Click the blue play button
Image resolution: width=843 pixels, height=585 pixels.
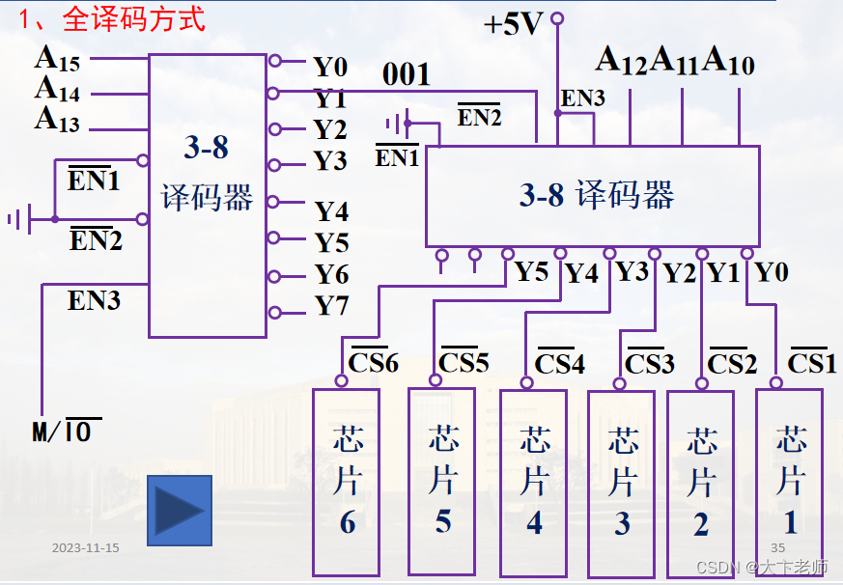click(179, 510)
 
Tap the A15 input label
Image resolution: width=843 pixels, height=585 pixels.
click(57, 59)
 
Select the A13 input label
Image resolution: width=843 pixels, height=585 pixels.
click(57, 121)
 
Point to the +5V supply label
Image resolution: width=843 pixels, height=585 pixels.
click(515, 24)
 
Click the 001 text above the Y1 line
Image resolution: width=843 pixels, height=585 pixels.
click(407, 74)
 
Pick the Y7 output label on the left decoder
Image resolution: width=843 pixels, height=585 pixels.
click(331, 307)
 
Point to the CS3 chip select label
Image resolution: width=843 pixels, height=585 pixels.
click(649, 364)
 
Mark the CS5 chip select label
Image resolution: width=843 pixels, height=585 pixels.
click(464, 362)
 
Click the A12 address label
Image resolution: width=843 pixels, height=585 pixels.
click(621, 61)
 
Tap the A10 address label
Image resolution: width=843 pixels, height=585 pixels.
click(728, 61)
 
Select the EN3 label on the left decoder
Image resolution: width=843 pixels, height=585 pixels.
click(94, 300)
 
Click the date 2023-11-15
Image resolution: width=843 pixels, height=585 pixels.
click(86, 548)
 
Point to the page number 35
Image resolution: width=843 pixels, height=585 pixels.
click(777, 548)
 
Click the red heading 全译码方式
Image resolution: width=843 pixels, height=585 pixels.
click(134, 18)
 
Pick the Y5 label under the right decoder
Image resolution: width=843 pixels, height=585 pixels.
click(531, 272)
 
